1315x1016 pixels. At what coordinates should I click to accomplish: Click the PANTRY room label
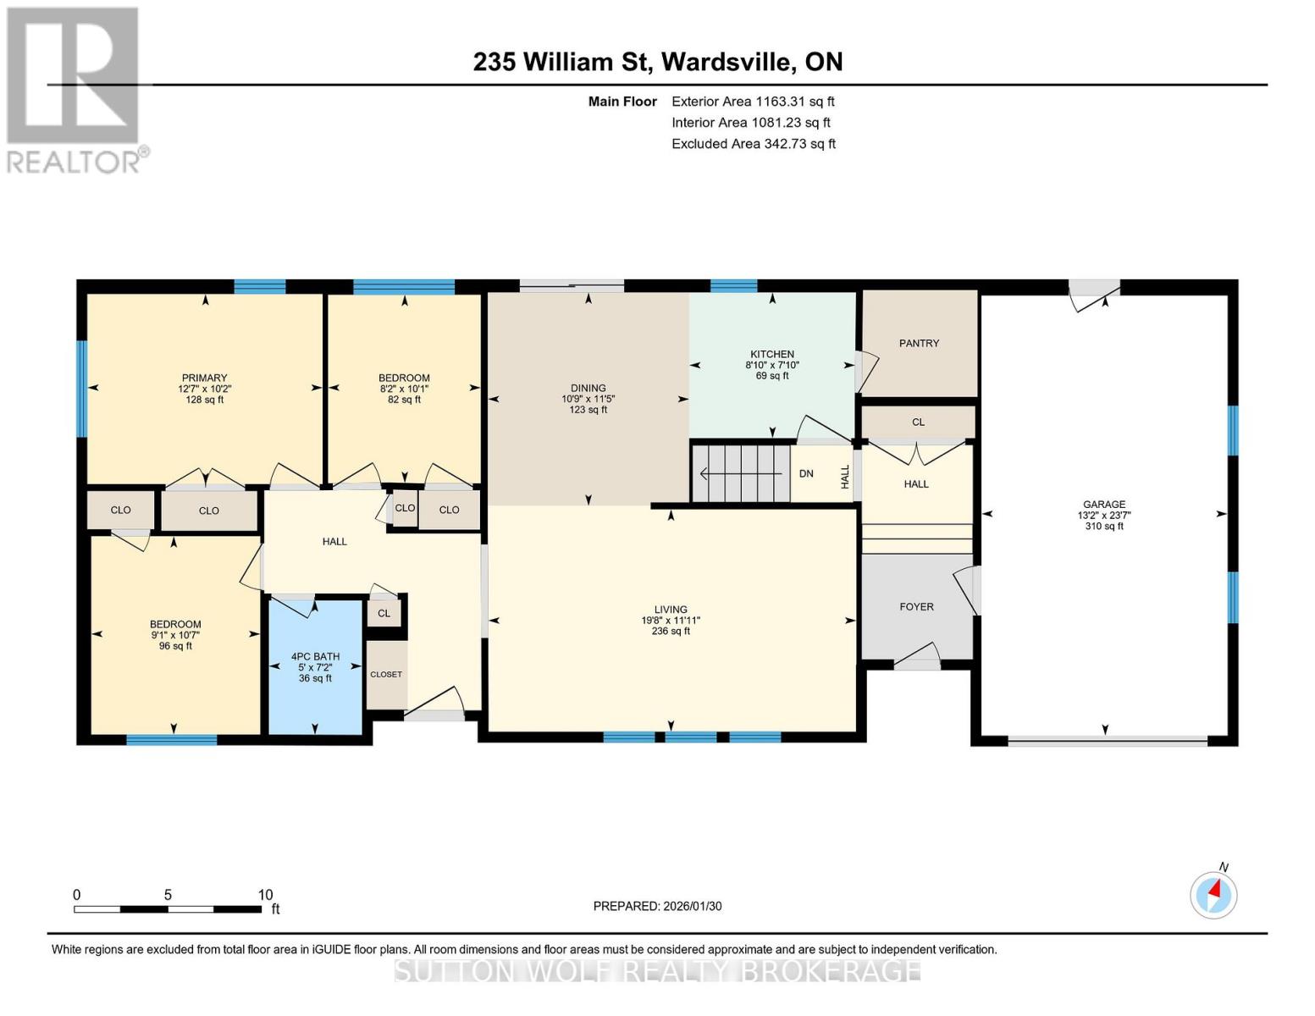919,343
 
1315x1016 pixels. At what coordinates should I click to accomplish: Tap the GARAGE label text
1104,504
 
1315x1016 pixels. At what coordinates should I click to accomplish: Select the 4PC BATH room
315,666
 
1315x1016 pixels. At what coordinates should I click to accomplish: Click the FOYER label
916,606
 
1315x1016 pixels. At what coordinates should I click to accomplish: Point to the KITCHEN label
771,354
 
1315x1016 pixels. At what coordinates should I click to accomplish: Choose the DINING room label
588,388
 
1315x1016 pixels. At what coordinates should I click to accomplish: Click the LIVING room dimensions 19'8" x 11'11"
671,620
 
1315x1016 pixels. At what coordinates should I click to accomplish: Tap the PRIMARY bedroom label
204,378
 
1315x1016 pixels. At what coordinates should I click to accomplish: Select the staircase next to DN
741,473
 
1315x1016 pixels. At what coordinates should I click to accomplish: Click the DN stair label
806,473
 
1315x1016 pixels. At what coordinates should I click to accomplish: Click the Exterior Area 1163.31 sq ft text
753,101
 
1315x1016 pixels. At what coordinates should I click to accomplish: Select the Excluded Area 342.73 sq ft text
753,143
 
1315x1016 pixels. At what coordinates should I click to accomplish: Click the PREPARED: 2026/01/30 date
657,906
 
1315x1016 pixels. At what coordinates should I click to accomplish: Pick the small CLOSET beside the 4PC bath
386,674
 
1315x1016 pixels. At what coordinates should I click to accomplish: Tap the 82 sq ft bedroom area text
404,400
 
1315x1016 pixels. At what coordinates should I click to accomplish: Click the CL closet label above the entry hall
918,422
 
